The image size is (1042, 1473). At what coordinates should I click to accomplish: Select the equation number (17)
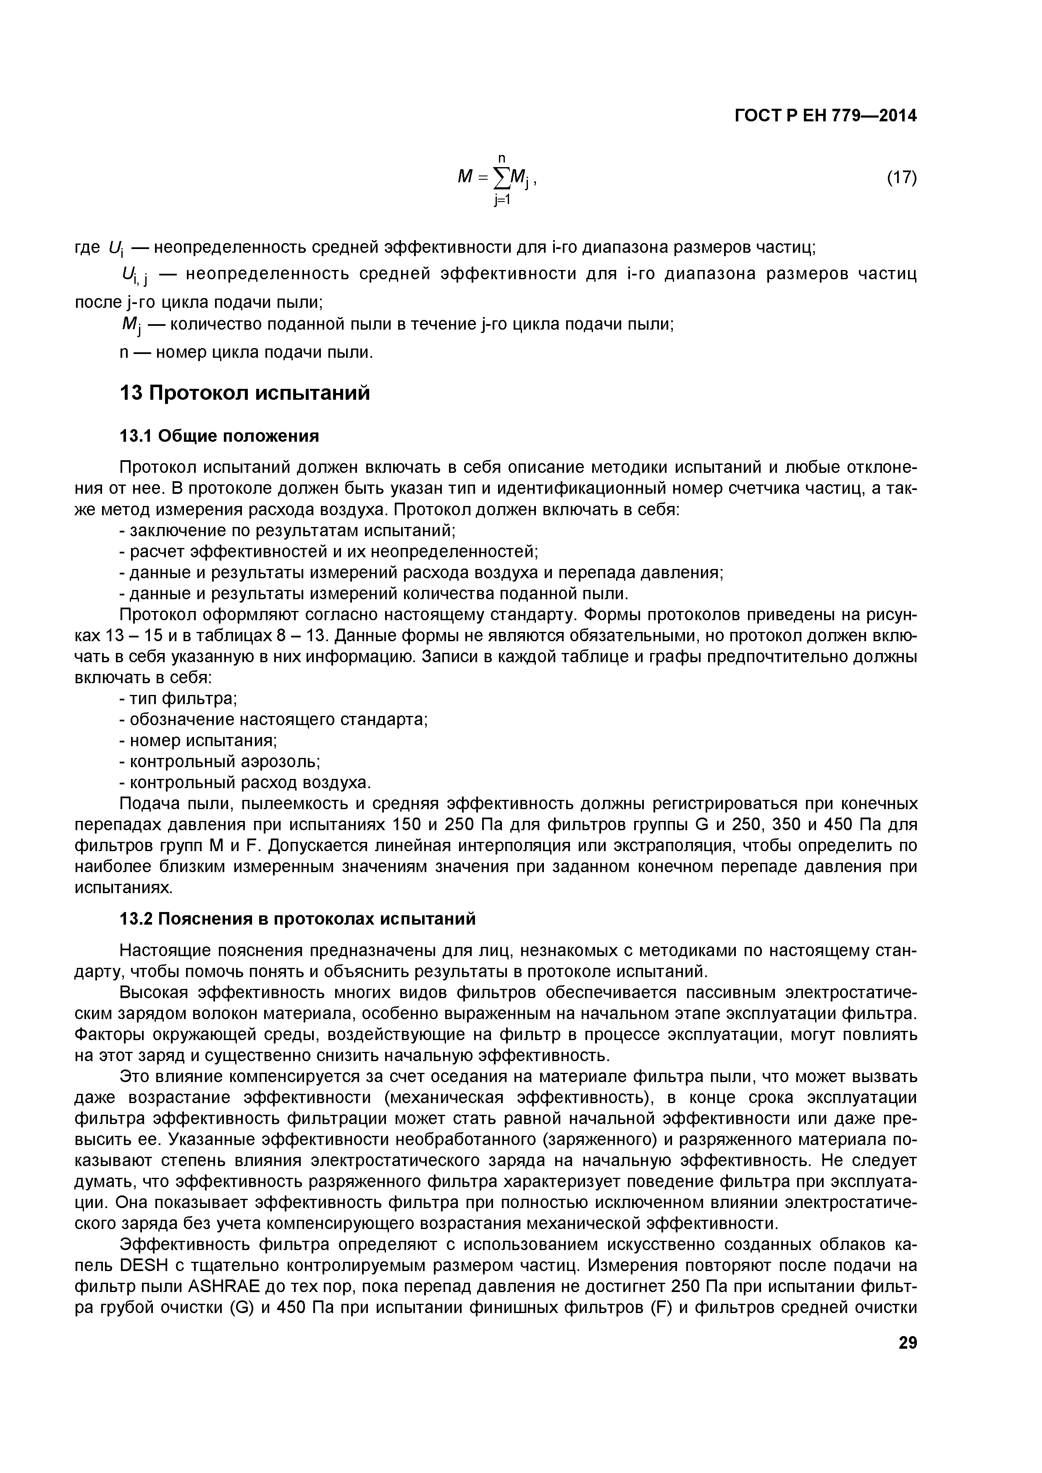click(901, 178)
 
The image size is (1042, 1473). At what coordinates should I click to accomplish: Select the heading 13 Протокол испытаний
click(245, 393)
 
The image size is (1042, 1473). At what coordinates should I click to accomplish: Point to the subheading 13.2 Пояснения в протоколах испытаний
click(298, 919)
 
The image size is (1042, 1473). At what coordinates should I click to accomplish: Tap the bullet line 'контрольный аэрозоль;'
click(220, 762)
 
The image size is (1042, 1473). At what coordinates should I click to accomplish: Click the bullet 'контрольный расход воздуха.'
click(245, 783)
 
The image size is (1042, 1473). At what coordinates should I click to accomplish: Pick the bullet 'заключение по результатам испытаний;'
click(287, 531)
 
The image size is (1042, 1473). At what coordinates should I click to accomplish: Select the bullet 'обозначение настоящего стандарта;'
click(274, 719)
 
